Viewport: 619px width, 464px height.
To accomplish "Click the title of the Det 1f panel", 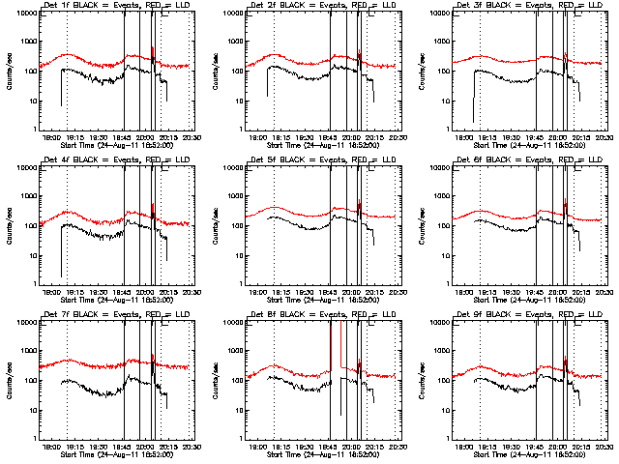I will coord(117,8).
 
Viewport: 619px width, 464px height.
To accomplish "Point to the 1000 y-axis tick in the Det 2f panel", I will coord(237,43).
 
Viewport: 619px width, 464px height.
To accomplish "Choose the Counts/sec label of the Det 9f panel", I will coord(420,380).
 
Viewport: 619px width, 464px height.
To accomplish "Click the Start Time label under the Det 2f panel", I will coord(323,145).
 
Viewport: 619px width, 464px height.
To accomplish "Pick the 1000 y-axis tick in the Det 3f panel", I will coord(443,43).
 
